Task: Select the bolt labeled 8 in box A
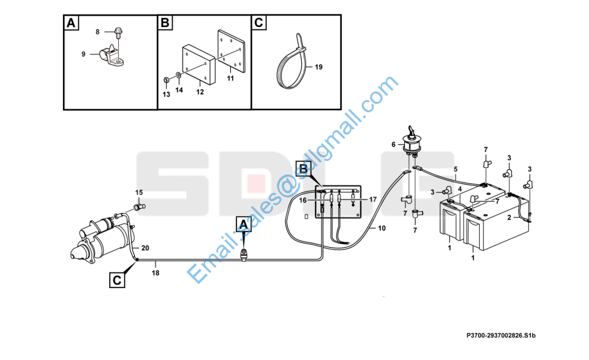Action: point(118,32)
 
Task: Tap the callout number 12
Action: point(200,92)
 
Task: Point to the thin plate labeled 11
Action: point(231,51)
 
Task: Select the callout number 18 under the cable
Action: point(155,273)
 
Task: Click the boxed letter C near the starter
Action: point(117,280)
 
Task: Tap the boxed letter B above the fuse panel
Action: point(303,169)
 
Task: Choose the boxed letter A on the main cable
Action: point(244,225)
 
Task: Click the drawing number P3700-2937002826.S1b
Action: point(501,335)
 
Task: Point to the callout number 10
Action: point(381,228)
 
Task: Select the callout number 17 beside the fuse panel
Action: point(372,200)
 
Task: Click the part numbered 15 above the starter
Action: point(139,206)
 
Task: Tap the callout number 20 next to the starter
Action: point(145,248)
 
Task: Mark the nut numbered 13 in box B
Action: point(166,80)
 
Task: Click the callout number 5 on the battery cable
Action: point(456,169)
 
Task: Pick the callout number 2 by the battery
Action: point(509,218)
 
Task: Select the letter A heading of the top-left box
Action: point(71,23)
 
